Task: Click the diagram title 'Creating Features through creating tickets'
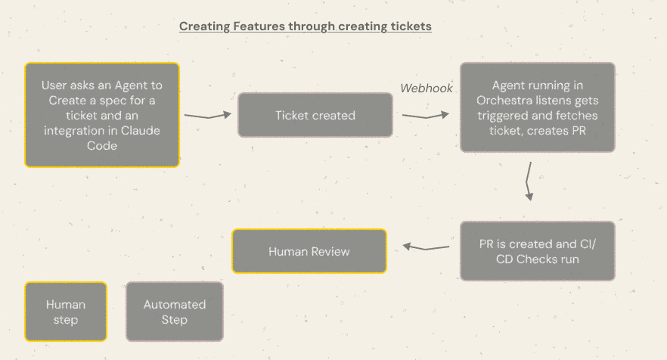pos(305,26)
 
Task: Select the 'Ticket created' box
pos(315,116)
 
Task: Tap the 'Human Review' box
pos(309,250)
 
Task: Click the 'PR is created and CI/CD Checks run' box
pos(537,251)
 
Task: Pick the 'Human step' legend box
pos(66,312)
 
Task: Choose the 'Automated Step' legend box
pos(174,312)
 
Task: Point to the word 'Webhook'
pos(427,88)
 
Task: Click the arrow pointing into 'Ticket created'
pos(207,116)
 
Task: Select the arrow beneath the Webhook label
pos(426,116)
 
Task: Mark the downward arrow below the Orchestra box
pos(530,181)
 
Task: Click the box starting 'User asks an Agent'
pos(102,115)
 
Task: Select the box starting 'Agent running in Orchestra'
pos(537,107)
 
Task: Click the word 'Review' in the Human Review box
pos(332,250)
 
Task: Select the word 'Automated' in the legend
pos(174,304)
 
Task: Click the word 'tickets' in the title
pos(411,26)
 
